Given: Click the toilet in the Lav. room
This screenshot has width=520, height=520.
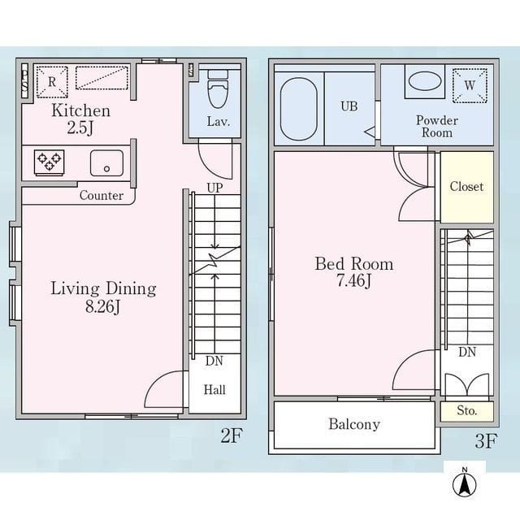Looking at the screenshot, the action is pos(218,89).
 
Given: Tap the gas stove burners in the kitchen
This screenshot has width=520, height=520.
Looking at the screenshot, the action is pos(49,162).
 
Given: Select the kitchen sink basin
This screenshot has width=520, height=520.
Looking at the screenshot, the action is pos(106,162).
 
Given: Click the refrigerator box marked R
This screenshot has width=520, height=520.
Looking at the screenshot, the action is pos(52,82).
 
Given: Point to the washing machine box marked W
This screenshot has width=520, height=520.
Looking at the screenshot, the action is pos(470,85).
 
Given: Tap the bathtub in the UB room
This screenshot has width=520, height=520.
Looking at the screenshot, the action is pos(298,109).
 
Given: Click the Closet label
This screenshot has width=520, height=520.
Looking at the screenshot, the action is pos(466,186).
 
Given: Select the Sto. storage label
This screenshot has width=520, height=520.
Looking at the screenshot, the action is pos(466,410).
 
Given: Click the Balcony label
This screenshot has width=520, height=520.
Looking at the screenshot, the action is pos(354,424).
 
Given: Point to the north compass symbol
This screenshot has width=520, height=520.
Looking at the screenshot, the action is pos(465,483).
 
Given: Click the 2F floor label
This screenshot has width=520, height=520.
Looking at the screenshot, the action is pos(232,435).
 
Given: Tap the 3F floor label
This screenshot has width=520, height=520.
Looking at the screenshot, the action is pos(486,441).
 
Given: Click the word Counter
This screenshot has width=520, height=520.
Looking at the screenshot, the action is pos(101,195).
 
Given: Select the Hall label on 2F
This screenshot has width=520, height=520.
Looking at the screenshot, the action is pos(214,390).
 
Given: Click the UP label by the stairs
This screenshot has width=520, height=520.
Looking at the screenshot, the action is pos(214,188).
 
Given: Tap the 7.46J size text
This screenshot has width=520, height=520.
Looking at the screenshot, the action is pos(353,281).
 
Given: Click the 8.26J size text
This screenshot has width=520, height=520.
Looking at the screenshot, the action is pos(102,306).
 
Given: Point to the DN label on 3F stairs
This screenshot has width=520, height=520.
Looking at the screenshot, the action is pos(467,352).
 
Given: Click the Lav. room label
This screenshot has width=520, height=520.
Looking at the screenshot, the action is pos(219,121).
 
